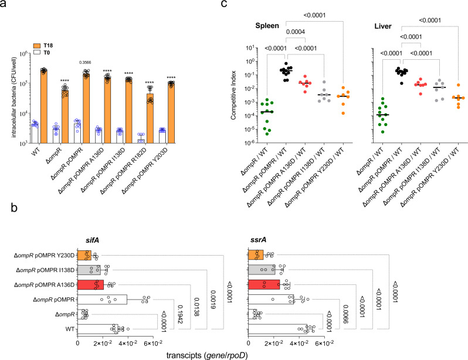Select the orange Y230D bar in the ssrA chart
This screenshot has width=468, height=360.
(256, 255)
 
